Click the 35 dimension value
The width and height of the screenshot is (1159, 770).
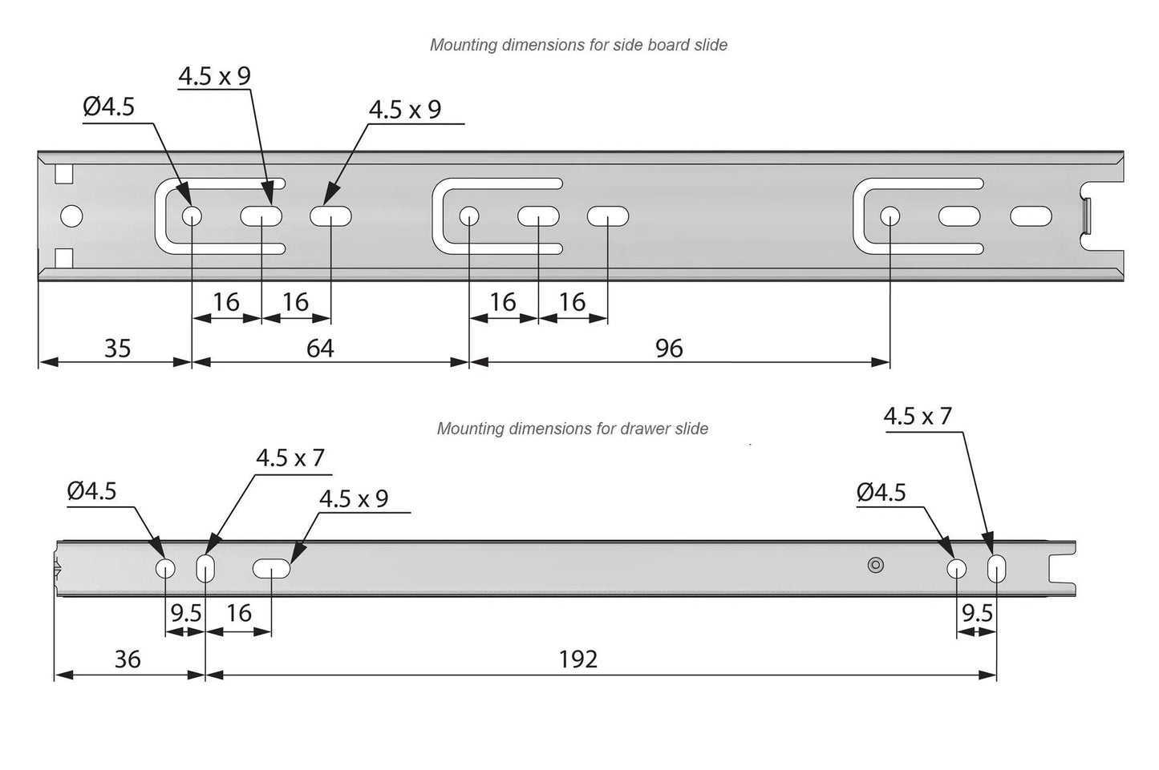pos(117,349)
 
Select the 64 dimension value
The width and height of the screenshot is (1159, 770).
pos(320,349)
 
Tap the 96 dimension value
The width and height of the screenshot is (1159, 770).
pos(669,349)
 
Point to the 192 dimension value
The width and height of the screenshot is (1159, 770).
pos(578,659)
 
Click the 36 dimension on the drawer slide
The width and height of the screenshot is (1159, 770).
pos(128,659)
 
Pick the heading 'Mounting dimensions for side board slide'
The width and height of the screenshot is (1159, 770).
pos(578,45)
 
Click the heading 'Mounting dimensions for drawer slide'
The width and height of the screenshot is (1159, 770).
pos(572,429)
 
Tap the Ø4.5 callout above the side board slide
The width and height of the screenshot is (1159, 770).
pos(108,107)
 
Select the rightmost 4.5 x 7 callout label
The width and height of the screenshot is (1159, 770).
pos(918,416)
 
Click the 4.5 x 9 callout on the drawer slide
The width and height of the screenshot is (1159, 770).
pos(354,498)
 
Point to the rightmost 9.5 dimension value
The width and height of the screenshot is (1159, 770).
pos(977,614)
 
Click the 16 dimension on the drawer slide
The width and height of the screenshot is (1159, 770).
pos(239,614)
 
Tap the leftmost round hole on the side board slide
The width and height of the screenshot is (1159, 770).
pos(71,216)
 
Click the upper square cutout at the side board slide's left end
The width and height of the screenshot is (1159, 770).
pos(63,174)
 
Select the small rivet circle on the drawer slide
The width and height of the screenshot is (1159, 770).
pos(875,565)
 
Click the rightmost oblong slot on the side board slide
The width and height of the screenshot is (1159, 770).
pos(1031,216)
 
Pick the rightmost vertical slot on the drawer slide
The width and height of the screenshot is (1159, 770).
pos(996,568)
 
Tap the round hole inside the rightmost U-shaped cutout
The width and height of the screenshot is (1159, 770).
pos(890,216)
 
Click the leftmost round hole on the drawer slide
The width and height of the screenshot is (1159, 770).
pos(165,568)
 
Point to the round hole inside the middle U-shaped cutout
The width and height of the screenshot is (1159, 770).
pos(468,216)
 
